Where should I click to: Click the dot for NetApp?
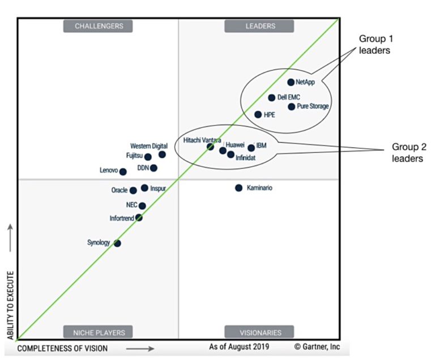pyautogui.click(x=291, y=82)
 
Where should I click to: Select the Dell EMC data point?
pyautogui.click(x=272, y=97)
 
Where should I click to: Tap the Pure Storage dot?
pyautogui.click(x=292, y=106)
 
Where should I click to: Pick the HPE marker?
pyautogui.click(x=258, y=114)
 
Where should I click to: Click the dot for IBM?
pyautogui.click(x=251, y=148)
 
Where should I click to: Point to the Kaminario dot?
pyautogui.click(x=238, y=188)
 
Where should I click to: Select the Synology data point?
pyautogui.click(x=117, y=243)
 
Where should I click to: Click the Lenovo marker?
pyautogui.click(x=123, y=172)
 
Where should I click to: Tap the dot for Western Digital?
pyautogui.click(x=162, y=155)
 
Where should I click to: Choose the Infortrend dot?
pyautogui.click(x=139, y=217)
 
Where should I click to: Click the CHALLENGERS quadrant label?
pyautogui.click(x=99, y=25)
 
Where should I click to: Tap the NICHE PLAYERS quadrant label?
pyautogui.click(x=99, y=332)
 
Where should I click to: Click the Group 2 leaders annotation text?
pyautogui.click(x=407, y=153)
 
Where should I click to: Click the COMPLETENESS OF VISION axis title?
pyautogui.click(x=62, y=348)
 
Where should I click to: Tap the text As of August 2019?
pyautogui.click(x=239, y=346)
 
